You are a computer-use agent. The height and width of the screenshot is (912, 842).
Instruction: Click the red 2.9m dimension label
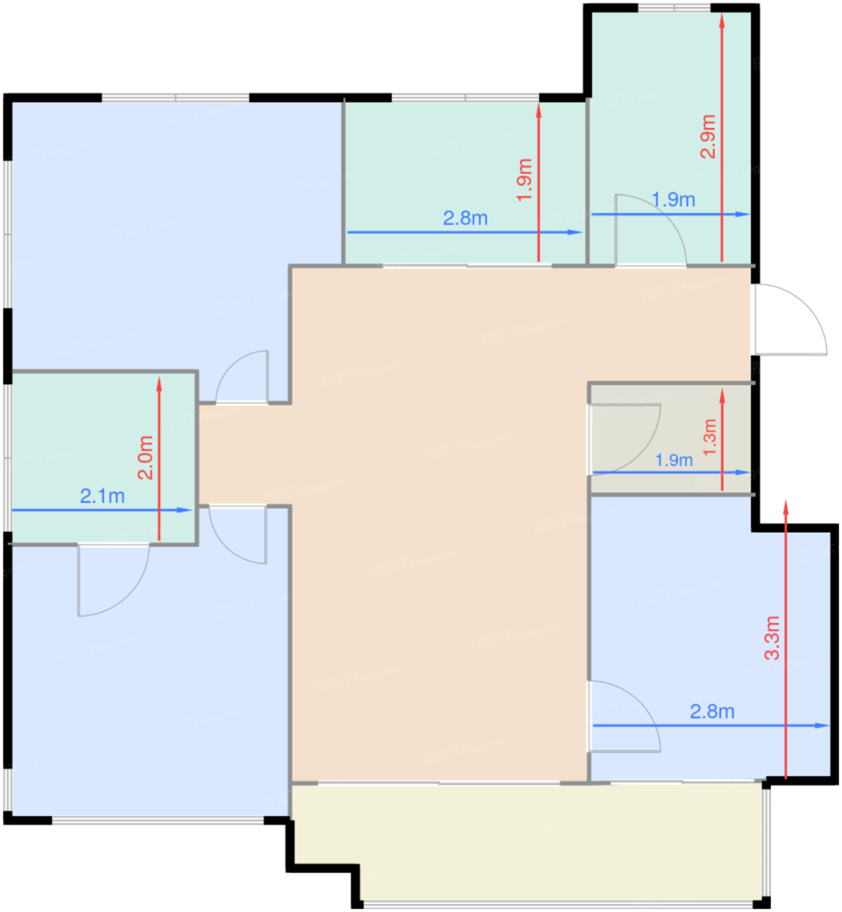pos(708,136)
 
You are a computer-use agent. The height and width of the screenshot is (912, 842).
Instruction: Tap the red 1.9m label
pos(525,180)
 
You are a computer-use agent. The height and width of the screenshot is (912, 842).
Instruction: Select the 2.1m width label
pos(102,496)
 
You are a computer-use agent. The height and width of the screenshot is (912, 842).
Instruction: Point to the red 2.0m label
pos(145,458)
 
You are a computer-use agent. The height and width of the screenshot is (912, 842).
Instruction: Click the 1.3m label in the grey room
pos(710,436)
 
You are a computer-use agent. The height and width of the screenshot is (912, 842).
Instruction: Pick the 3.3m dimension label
pos(772,638)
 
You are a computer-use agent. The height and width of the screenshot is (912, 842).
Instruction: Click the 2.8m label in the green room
pos(465,218)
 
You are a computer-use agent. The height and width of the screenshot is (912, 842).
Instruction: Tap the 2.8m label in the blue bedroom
pos(712,712)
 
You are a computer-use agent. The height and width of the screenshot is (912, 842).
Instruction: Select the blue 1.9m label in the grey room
pos(674,460)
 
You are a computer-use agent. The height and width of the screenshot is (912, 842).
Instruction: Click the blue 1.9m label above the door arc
pos(673,200)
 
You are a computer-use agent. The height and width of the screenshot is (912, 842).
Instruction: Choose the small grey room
pos(671,438)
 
